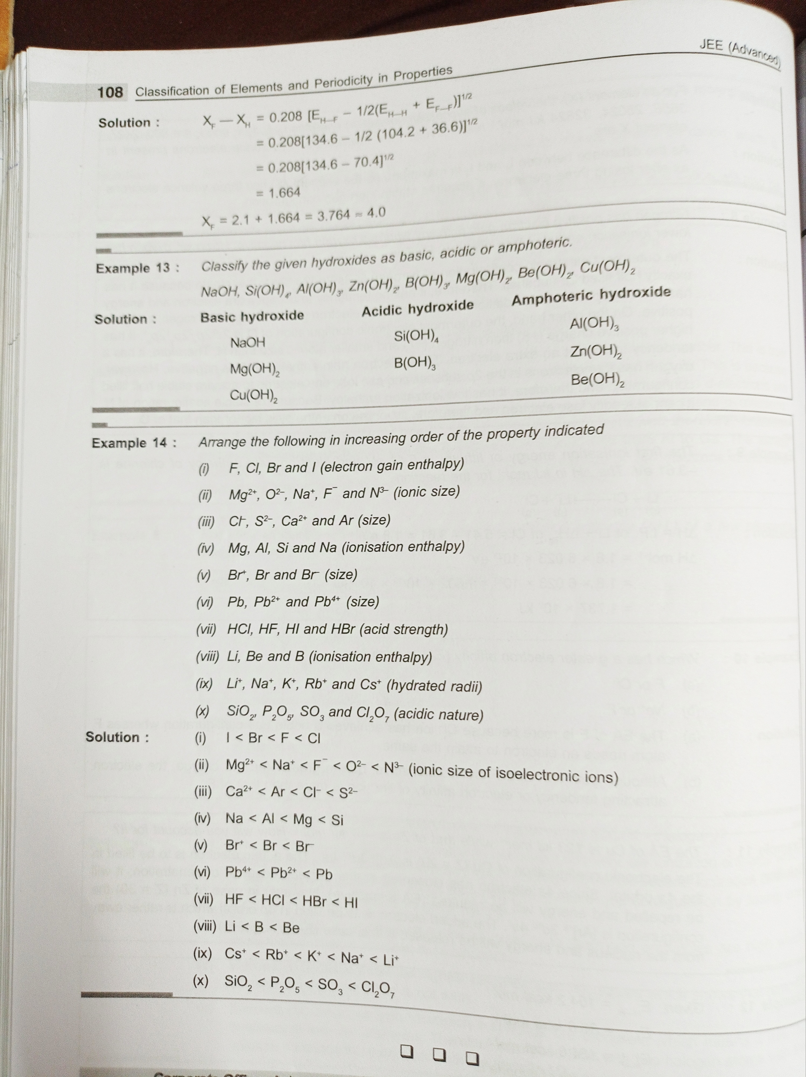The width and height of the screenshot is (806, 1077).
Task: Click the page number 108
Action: click(110, 92)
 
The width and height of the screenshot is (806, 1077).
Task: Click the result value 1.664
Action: click(284, 193)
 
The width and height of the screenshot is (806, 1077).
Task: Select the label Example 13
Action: click(137, 268)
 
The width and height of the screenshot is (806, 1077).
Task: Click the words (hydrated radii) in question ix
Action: click(434, 686)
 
